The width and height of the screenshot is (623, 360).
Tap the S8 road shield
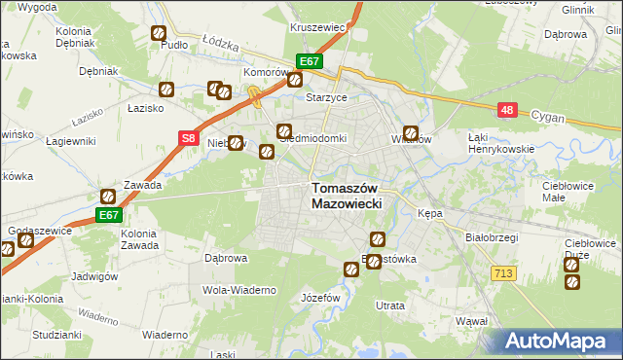click(x=190, y=139)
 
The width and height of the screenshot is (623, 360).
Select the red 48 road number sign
click(x=506, y=111)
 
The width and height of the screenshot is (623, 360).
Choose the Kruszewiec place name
click(x=318, y=28)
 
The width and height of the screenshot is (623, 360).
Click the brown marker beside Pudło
click(x=158, y=34)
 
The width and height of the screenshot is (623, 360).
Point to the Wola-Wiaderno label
click(x=239, y=290)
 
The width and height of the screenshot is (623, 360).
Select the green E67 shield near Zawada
click(x=108, y=215)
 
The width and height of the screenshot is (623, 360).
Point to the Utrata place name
click(x=390, y=306)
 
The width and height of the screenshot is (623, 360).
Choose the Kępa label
click(x=429, y=213)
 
